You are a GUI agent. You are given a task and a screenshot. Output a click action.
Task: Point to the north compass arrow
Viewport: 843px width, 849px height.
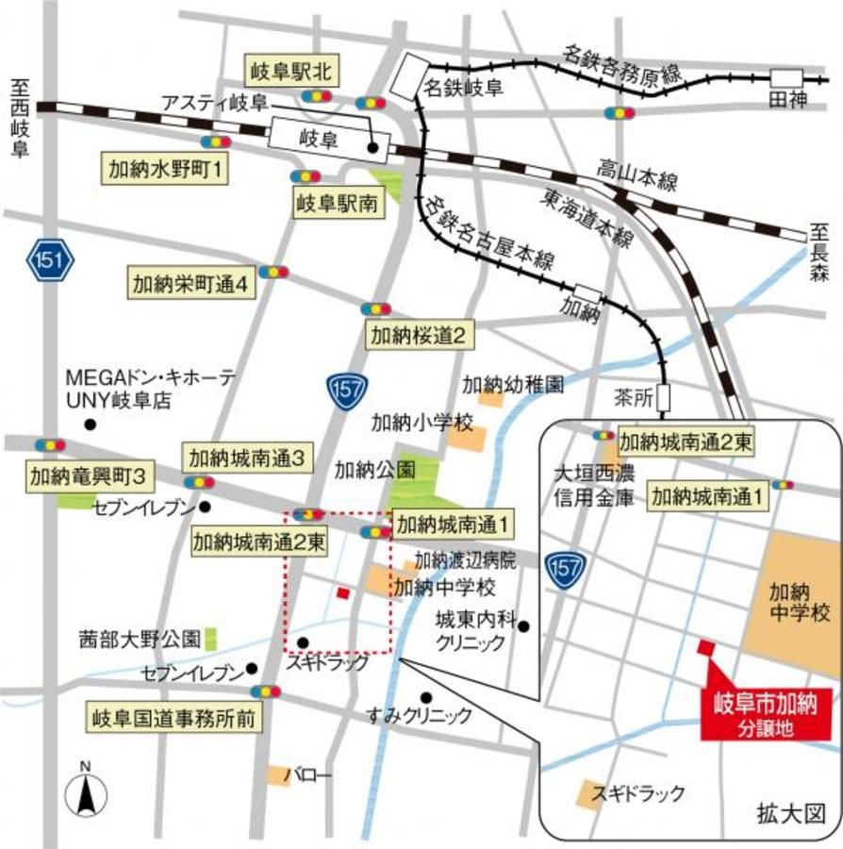tap(85, 790)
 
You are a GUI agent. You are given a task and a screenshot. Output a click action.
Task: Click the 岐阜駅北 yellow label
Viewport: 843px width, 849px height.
tap(288, 70)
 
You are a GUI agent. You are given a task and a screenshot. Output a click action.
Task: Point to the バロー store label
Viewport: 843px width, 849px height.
tap(315, 775)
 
